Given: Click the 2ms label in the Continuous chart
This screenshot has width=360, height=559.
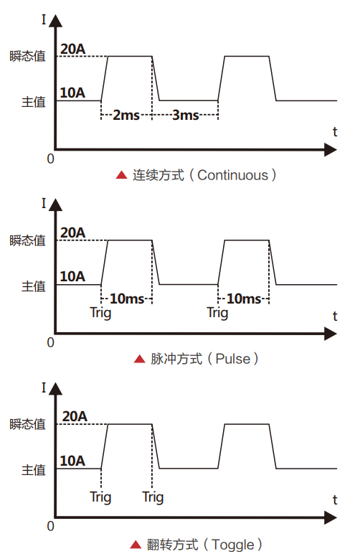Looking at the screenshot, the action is point(126,115).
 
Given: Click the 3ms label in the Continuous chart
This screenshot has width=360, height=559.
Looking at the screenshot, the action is point(185,115).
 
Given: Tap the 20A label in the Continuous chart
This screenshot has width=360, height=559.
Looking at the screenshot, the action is point(72,50).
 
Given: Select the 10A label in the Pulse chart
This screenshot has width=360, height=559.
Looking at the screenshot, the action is point(72,276).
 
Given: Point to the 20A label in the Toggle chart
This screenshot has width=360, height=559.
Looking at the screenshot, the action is point(75,416).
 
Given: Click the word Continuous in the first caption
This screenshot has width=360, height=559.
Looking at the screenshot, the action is point(232,175).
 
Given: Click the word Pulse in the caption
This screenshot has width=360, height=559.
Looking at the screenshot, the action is point(233,359).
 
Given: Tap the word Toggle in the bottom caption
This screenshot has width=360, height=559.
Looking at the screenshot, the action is point(233,545).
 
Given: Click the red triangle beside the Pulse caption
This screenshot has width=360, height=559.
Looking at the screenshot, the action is point(139,359).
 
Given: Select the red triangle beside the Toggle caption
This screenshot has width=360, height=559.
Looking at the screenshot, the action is point(136,545).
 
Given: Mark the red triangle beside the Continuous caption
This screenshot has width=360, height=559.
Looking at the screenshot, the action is point(121,174).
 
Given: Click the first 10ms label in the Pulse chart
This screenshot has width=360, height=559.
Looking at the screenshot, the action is point(127,299).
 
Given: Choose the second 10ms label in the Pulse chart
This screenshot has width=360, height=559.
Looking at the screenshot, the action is point(244,299).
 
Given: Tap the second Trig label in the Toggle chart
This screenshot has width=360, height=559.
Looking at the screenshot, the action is point(153,497).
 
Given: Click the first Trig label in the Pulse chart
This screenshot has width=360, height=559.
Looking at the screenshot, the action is point(100,313).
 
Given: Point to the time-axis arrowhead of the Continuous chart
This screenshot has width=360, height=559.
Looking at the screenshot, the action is point(331,150).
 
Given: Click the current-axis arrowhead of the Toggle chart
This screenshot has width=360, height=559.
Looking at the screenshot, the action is point(55,389).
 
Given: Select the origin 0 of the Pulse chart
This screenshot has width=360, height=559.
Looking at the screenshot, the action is point(51,342).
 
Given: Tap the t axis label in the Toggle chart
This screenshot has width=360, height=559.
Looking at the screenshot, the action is point(335,500).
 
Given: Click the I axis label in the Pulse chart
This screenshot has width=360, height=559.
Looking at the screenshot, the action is point(44,204).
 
